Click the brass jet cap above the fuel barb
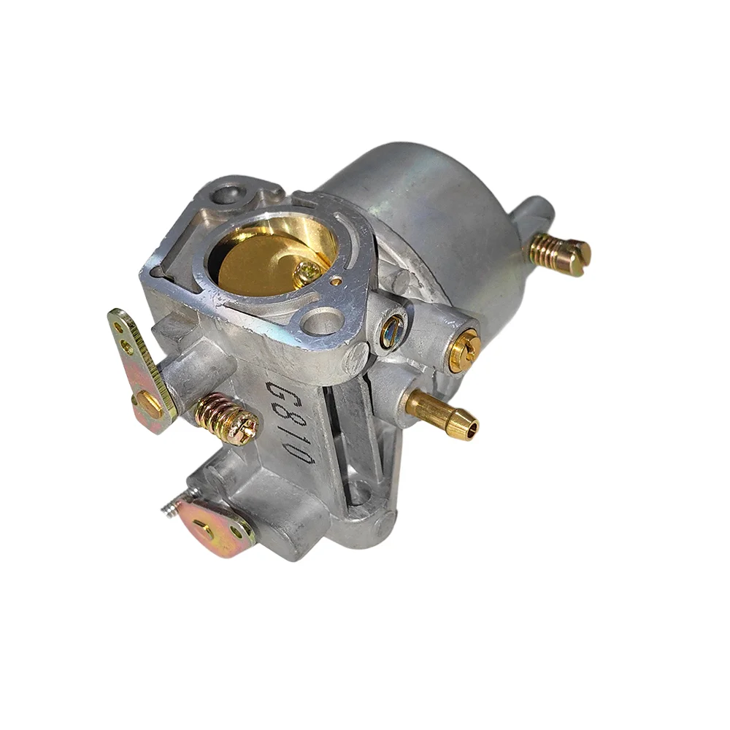(463, 350)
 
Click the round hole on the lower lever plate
(237, 532)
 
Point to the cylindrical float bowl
(438, 219)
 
